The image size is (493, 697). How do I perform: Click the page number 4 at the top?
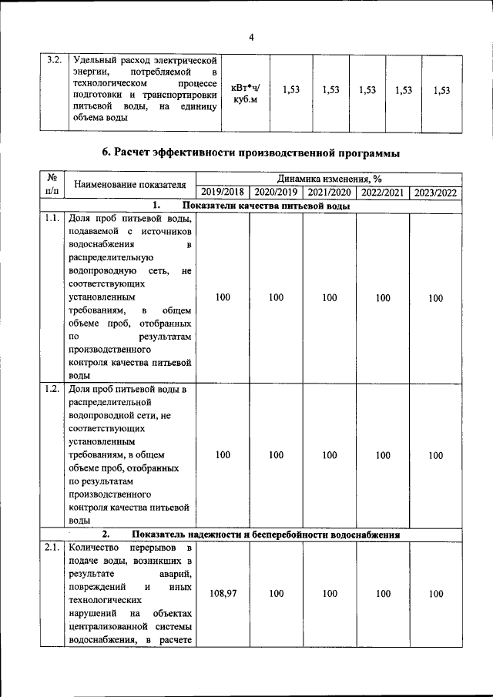(251, 37)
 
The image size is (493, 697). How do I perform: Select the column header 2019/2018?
(223, 192)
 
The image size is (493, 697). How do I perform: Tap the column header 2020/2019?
(276, 192)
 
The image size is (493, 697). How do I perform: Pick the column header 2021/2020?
(329, 192)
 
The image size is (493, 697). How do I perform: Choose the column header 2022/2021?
(382, 192)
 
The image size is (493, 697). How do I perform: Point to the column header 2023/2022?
(435, 192)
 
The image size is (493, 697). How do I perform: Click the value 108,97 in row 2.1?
(223, 594)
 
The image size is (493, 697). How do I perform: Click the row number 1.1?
(52, 219)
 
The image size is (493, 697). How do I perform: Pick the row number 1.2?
(52, 388)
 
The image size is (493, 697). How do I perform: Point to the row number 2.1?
(52, 548)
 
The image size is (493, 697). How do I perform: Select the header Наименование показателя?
(130, 185)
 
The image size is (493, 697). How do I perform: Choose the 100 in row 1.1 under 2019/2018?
(223, 297)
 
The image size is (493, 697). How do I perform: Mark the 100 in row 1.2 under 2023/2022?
(435, 455)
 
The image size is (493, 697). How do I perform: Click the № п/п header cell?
(52, 185)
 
